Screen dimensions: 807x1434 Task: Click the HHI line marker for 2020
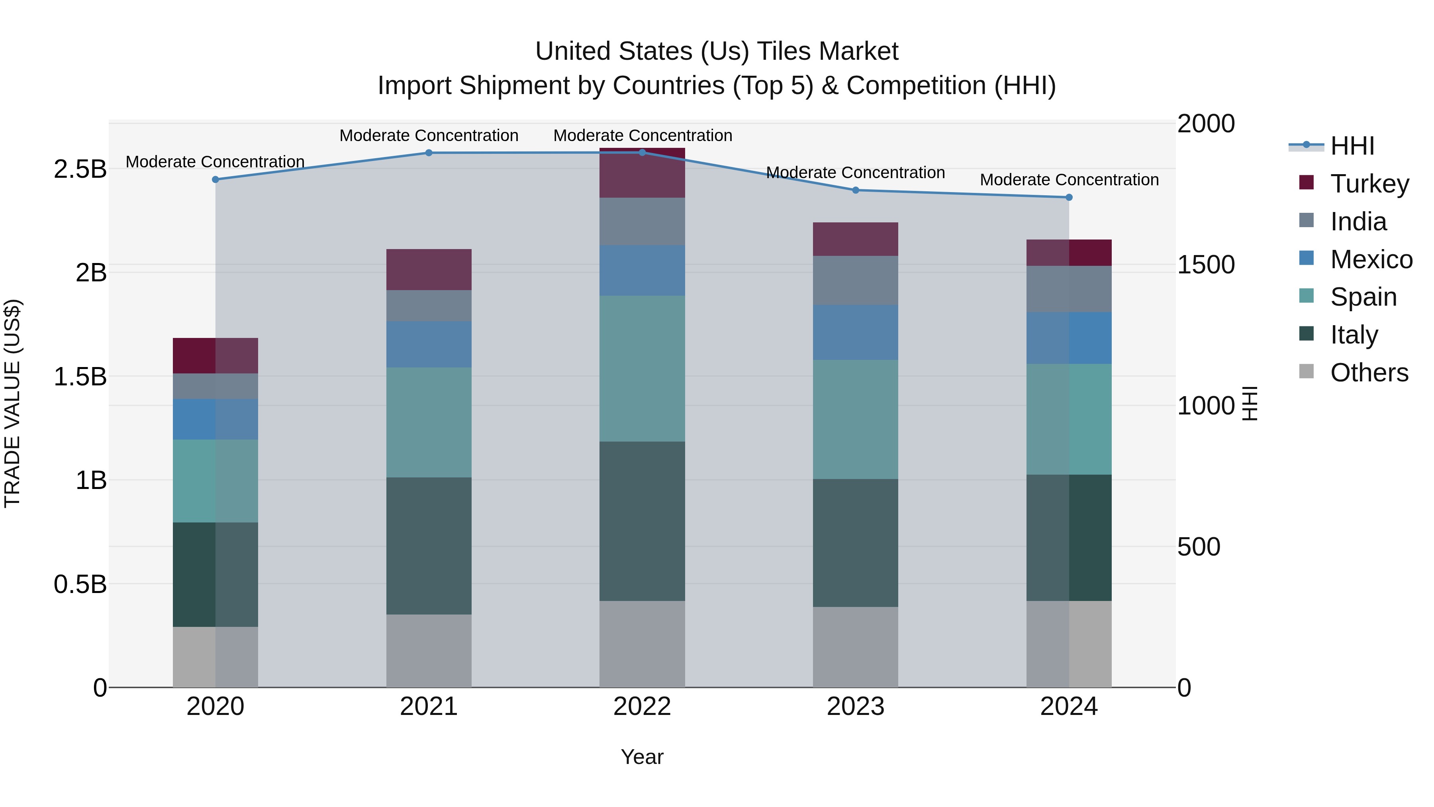pyautogui.click(x=215, y=179)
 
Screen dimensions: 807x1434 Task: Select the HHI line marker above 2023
pyautogui.click(x=856, y=190)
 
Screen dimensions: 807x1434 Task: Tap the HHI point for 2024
pyautogui.click(x=1069, y=197)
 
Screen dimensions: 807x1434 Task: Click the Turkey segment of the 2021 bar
pyautogui.click(x=429, y=269)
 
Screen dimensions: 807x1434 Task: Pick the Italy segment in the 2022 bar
pyautogui.click(x=642, y=521)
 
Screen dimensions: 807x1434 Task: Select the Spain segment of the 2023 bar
pyautogui.click(x=856, y=419)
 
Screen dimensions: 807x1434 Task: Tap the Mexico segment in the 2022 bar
pyautogui.click(x=642, y=270)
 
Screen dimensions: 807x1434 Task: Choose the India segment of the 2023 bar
pyautogui.click(x=856, y=280)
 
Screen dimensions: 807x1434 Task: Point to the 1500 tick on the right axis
pyautogui.click(x=1206, y=265)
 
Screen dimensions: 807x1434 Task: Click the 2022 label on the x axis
pyautogui.click(x=642, y=707)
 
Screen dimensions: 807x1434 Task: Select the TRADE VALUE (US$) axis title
pyautogui.click(x=12, y=403)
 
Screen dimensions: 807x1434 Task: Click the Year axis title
pyautogui.click(x=642, y=757)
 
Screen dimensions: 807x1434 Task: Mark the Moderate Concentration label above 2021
pyautogui.click(x=429, y=135)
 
